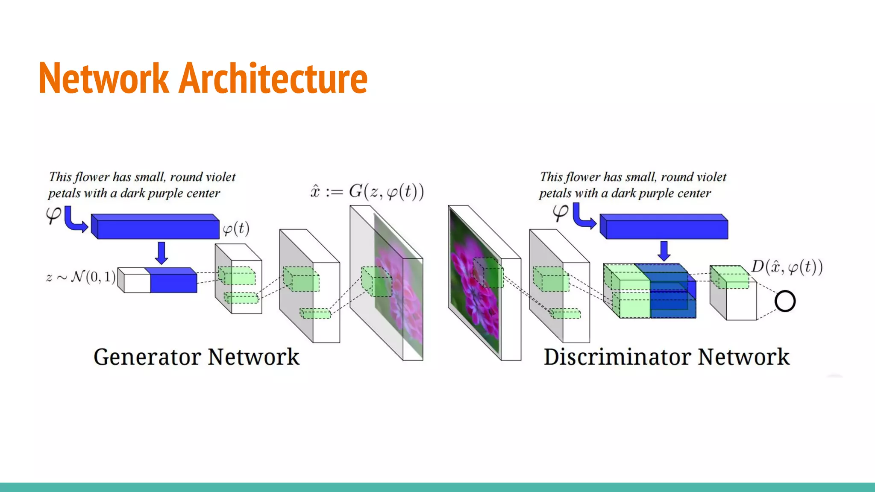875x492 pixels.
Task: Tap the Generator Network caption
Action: [196, 357]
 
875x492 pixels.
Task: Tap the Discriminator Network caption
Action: [666, 357]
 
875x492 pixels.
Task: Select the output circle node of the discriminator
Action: [785, 301]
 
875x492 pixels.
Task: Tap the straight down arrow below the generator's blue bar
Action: [161, 252]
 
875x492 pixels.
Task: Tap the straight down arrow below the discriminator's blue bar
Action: [664, 251]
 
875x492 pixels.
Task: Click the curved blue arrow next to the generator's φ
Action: [75, 220]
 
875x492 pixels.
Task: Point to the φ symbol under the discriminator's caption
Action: [560, 212]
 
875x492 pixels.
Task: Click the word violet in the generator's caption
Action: [220, 177]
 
